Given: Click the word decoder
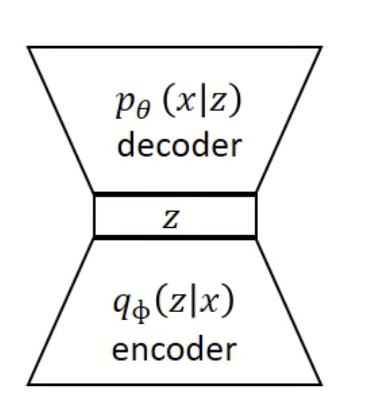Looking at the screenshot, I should [x=179, y=145].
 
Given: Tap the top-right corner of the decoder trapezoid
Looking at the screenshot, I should [x=321, y=48].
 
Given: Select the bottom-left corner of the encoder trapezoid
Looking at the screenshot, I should [x=28, y=383].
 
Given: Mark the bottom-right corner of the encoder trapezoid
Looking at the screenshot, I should [x=321, y=383].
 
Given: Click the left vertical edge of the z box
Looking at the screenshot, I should [x=94, y=215].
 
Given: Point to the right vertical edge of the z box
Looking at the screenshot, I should [x=256, y=215].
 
